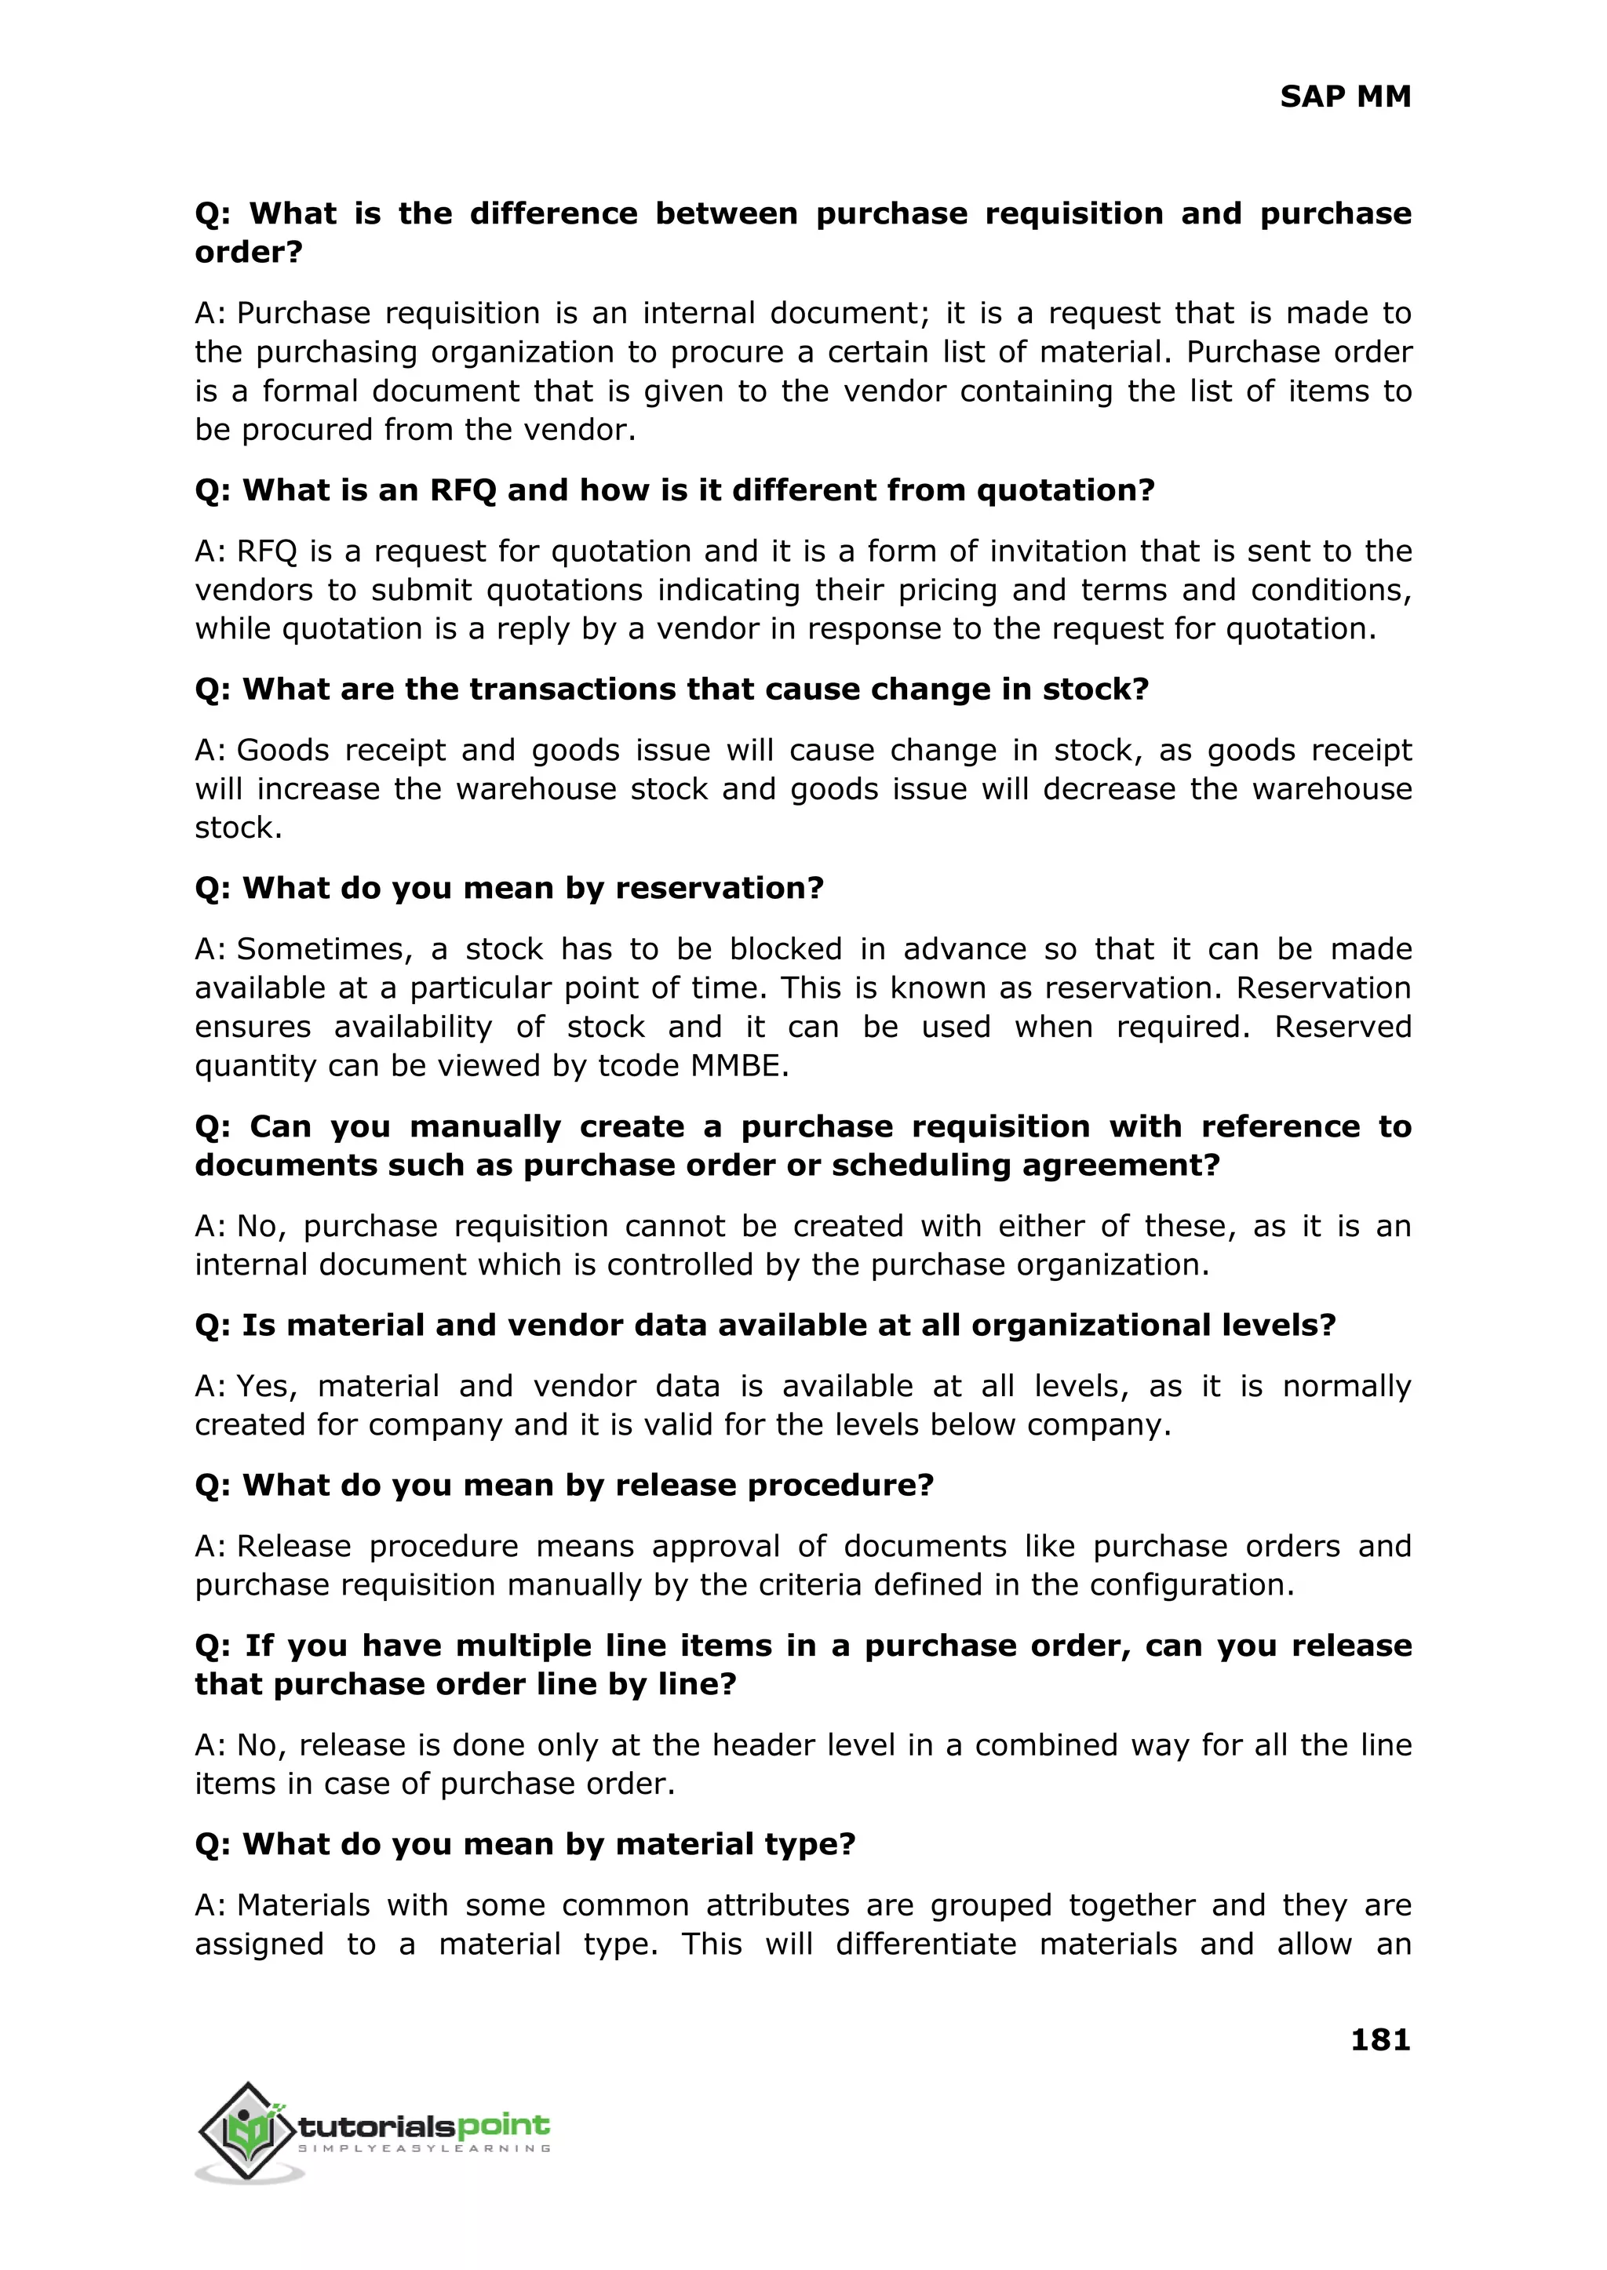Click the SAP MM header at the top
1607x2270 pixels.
[x=1345, y=97]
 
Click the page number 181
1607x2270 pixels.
[x=1379, y=2039]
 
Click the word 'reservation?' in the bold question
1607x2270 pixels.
[x=720, y=888]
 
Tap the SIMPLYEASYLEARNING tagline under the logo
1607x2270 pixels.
[x=424, y=2149]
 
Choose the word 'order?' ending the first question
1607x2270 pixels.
[x=249, y=253]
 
